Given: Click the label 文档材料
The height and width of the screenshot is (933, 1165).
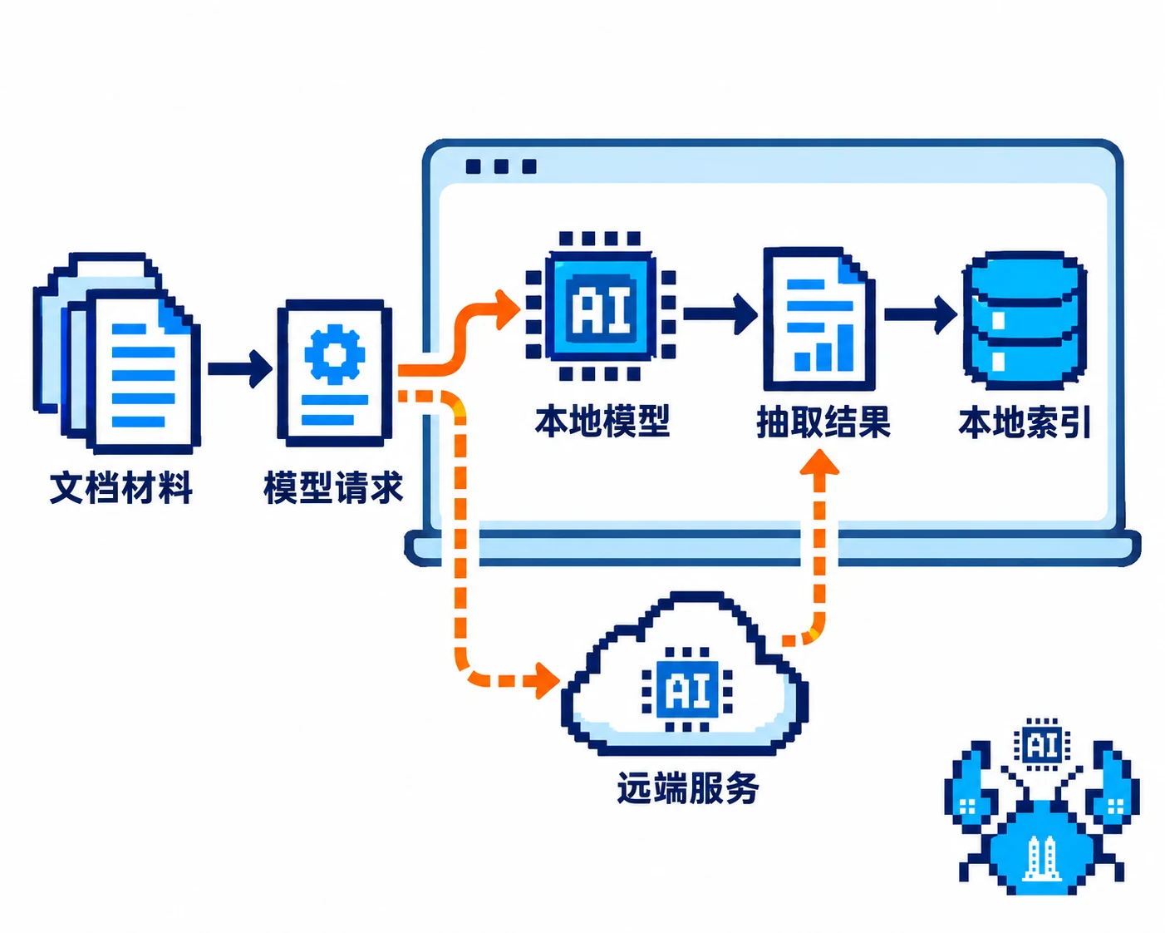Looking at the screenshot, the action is tap(120, 488).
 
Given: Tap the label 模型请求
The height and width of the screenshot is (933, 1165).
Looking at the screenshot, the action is tap(333, 488).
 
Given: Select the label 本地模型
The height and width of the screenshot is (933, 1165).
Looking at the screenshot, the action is tap(602, 422).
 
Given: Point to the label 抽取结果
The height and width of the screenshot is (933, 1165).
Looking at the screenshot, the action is tap(823, 422).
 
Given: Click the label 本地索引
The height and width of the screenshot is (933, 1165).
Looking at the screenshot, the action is tap(1025, 422).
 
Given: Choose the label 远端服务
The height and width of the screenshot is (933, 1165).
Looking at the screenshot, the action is tap(688, 787).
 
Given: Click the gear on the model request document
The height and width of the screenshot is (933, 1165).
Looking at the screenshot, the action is tap(335, 353).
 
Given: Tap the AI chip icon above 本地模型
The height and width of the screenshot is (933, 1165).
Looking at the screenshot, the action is tap(600, 306).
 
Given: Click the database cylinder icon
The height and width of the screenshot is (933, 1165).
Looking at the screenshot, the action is tap(1025, 321).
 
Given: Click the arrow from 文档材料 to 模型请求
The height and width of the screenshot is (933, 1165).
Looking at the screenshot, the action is tap(240, 369).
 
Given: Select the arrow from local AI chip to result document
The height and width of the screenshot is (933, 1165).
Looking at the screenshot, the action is tap(720, 313).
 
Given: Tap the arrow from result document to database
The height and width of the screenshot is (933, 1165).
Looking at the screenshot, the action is tap(921, 314).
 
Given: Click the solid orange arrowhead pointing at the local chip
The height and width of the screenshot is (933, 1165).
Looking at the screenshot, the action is tap(507, 309).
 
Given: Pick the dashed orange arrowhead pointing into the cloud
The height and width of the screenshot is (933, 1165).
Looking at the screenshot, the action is tap(548, 680).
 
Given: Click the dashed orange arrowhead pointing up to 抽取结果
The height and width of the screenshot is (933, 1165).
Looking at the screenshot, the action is tap(819, 462).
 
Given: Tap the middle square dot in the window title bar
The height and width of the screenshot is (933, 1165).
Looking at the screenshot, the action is tap(501, 166).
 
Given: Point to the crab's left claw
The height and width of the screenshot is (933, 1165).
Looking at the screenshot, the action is tap(969, 791).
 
